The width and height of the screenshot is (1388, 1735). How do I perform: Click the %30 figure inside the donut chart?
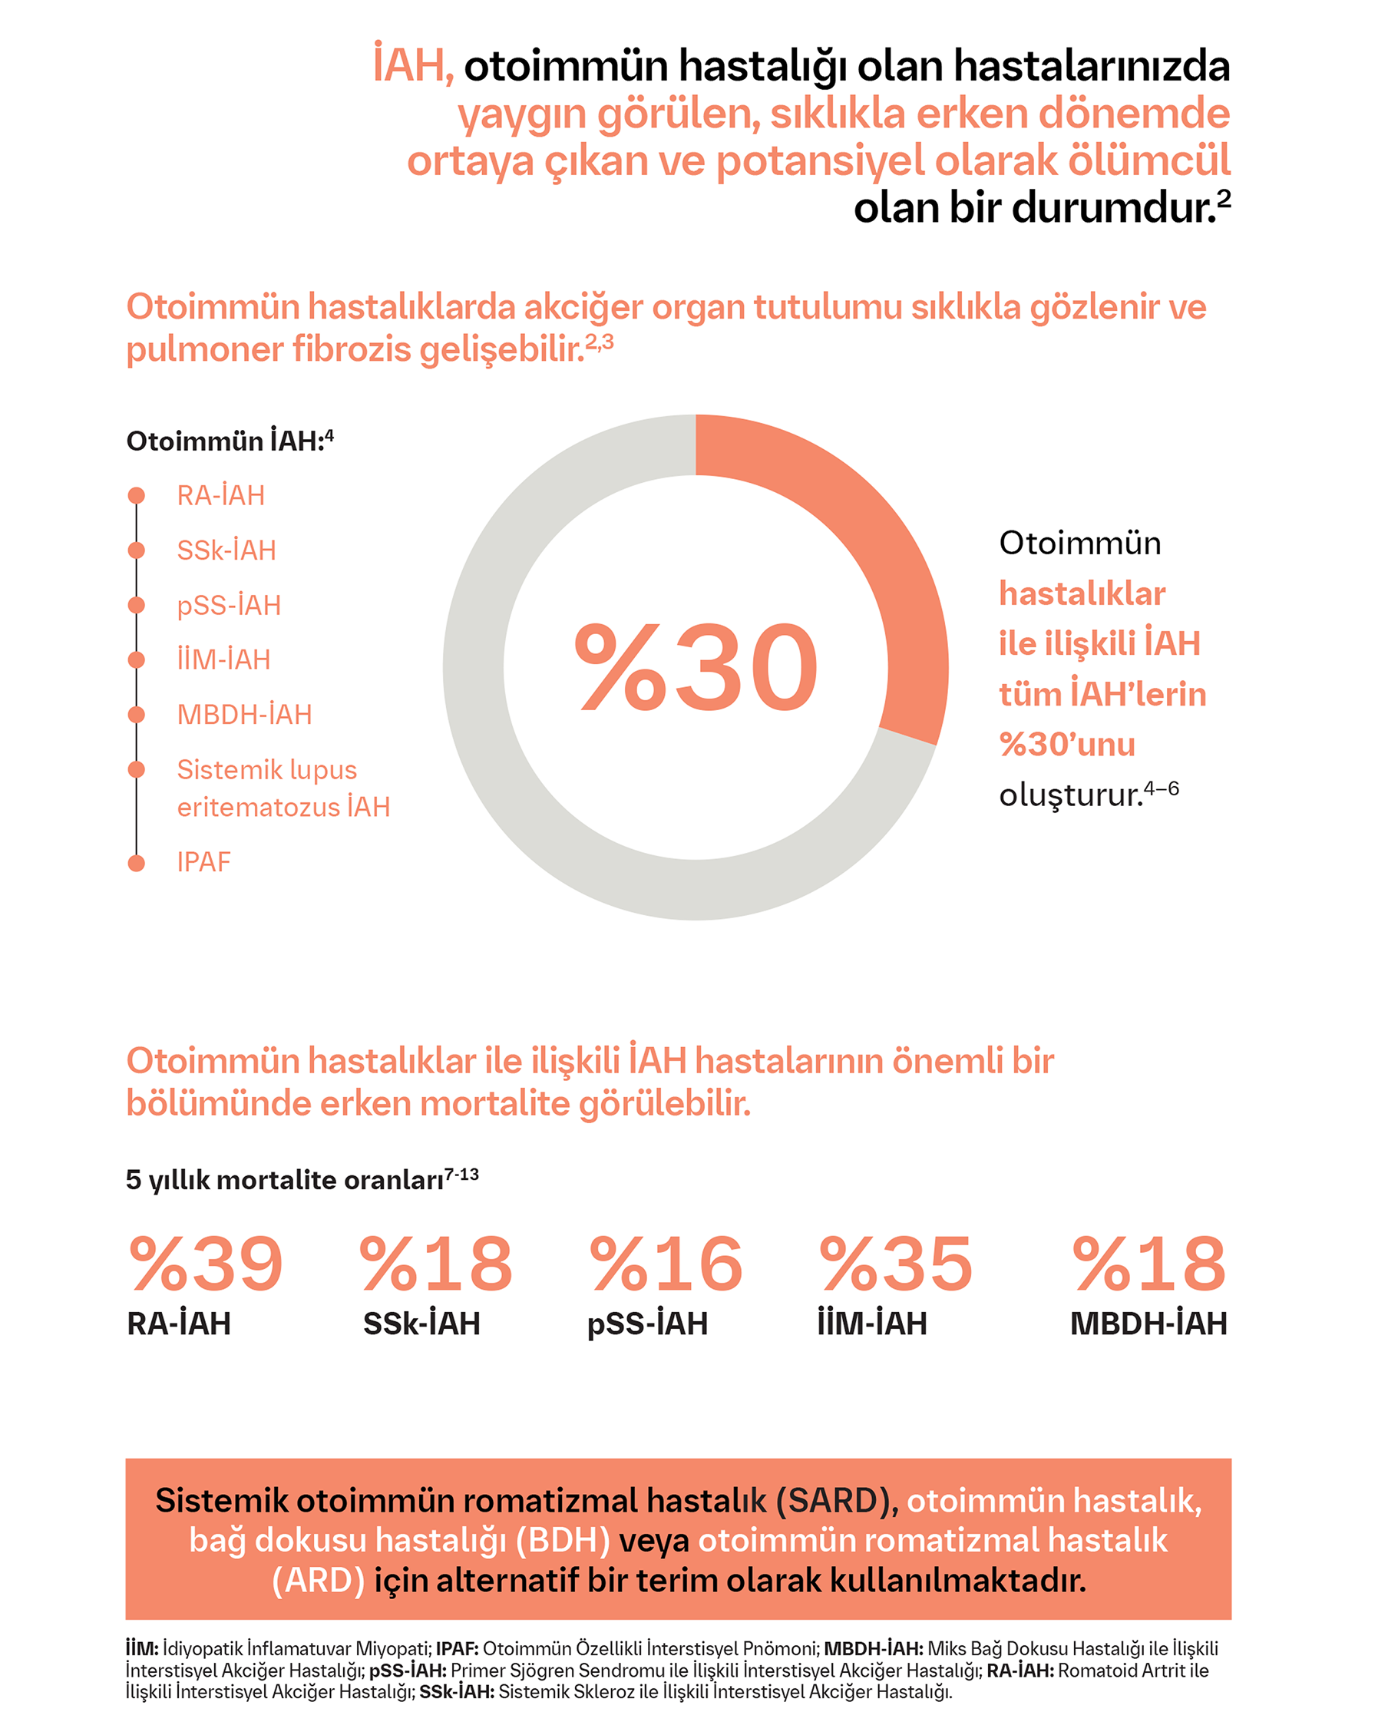tap(696, 668)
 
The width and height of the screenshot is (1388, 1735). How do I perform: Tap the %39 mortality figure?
tap(206, 1265)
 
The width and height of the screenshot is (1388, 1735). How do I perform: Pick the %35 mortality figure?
tap(896, 1265)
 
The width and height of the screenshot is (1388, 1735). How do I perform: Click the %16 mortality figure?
tap(666, 1265)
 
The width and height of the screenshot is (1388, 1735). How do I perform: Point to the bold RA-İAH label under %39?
tap(179, 1324)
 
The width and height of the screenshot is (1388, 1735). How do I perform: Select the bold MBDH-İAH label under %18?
tap(1148, 1324)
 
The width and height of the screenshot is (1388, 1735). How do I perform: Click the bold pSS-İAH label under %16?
tap(647, 1324)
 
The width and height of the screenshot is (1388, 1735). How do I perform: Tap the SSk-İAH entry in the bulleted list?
tap(226, 550)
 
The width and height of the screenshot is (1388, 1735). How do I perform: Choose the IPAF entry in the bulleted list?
tap(203, 862)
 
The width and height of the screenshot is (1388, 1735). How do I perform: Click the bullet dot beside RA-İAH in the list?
tap(137, 495)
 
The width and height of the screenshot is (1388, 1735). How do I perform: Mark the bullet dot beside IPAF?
tap(137, 863)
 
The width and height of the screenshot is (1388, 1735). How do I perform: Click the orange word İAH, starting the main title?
tap(412, 65)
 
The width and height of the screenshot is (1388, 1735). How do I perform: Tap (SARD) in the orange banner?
tap(835, 1501)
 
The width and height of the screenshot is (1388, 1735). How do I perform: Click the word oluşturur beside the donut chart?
tap(1070, 795)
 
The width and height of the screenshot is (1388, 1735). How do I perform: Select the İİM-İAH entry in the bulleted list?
tap(223, 660)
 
